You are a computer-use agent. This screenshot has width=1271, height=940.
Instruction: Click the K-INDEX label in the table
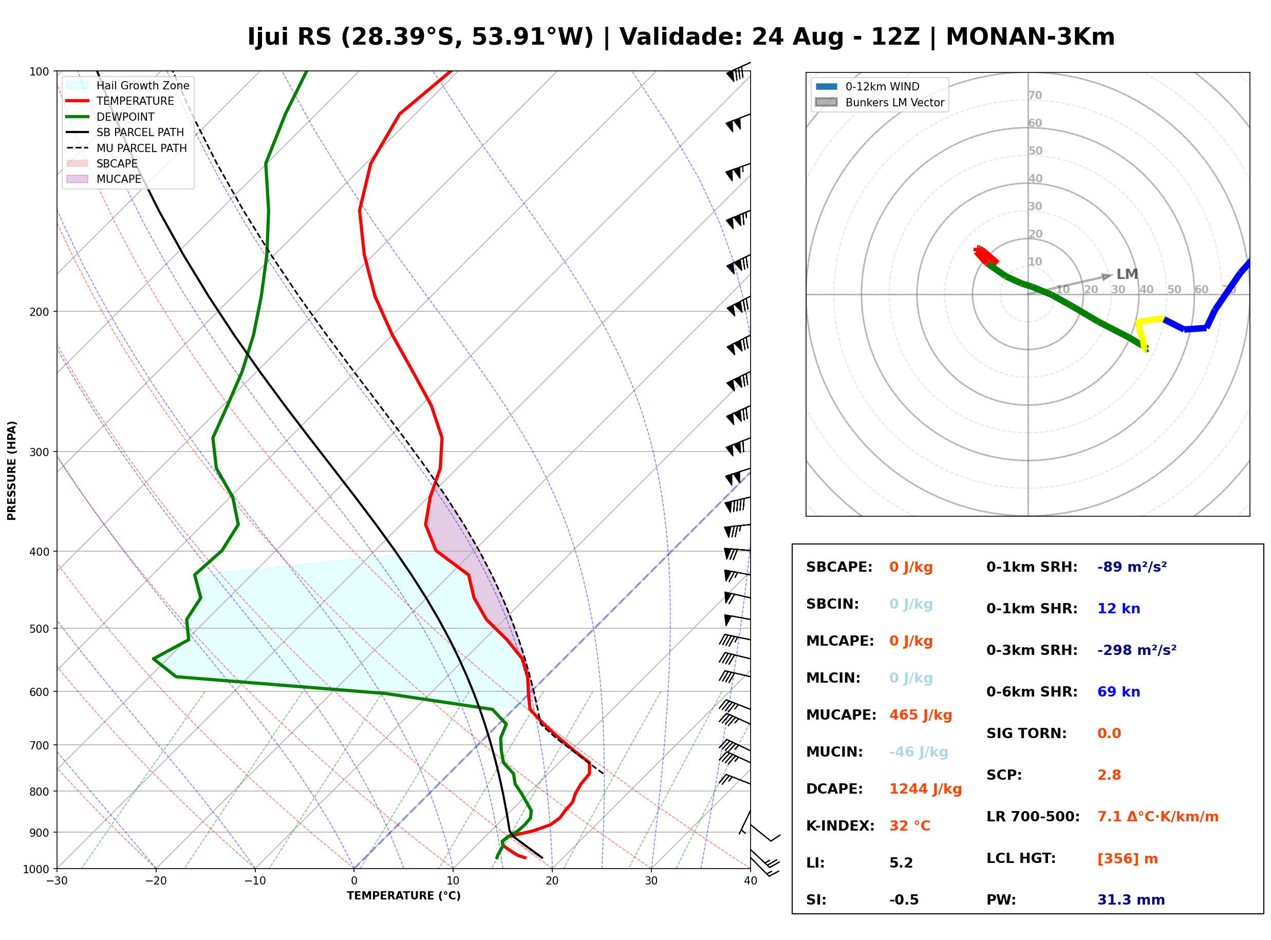click(840, 825)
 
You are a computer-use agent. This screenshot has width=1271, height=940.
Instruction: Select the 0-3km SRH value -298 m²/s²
click(1137, 650)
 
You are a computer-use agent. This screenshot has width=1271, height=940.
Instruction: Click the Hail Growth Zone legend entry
click(127, 85)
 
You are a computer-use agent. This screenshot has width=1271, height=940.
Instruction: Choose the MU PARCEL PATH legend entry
click(126, 148)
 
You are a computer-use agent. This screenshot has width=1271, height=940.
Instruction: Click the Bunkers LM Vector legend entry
click(880, 102)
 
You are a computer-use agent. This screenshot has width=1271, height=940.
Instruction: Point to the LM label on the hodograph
click(1127, 274)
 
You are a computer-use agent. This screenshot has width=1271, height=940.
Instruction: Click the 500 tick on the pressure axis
click(39, 629)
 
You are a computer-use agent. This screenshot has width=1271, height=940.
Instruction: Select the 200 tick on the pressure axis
click(39, 312)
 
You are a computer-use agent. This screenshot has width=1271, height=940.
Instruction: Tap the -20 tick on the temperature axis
click(156, 881)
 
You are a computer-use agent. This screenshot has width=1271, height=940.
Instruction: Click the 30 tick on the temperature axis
click(651, 881)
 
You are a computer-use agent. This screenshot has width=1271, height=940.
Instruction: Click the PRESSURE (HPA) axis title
click(12, 471)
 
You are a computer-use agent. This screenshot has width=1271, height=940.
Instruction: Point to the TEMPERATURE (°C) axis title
click(403, 896)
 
